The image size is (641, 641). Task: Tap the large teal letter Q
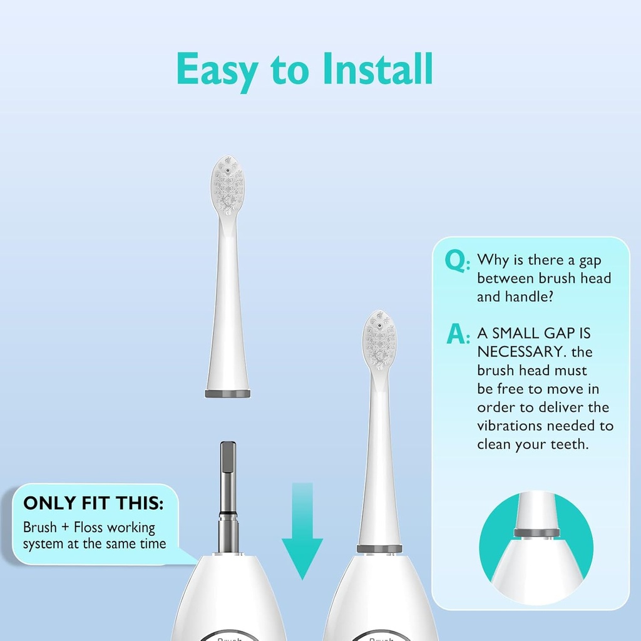[456, 260]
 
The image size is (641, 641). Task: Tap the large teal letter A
[457, 334]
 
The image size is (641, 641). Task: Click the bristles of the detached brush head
[227, 185]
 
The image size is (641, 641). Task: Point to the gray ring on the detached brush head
[228, 394]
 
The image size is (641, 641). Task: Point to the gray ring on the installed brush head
[379, 549]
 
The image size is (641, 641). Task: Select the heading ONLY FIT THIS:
[94, 503]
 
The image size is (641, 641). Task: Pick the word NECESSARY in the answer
[517, 352]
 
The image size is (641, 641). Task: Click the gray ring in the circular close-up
[536, 533]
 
